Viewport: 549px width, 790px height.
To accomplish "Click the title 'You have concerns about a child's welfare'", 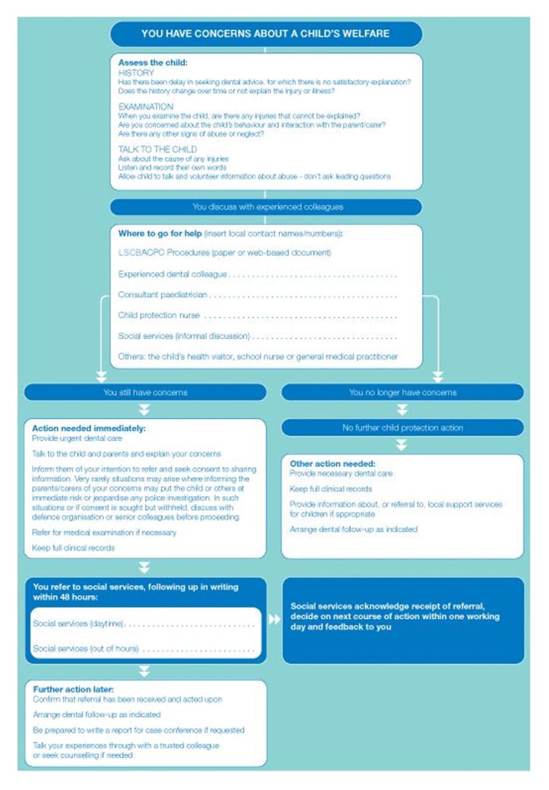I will (x=265, y=33).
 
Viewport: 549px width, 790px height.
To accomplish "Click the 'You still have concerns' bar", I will (x=145, y=393).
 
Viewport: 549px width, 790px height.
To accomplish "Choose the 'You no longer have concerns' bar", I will (x=402, y=393).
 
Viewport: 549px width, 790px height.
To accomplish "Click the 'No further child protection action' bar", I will (x=402, y=428).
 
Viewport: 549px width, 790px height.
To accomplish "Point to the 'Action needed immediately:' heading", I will (x=89, y=428).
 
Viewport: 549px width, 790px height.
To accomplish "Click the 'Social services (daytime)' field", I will (x=143, y=624).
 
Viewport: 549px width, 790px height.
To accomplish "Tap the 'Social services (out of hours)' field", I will (x=143, y=649).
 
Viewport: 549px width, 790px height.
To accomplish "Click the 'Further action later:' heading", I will (x=73, y=690).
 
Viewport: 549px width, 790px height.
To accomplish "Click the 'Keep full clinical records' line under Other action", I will (x=330, y=489).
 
